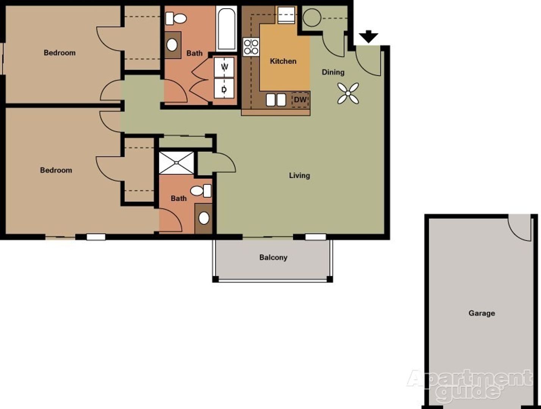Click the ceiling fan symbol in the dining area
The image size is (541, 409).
click(x=348, y=93)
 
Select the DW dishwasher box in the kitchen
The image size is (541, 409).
click(x=300, y=100)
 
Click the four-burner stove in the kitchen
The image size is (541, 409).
click(x=251, y=47)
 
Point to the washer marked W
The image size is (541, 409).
click(x=224, y=67)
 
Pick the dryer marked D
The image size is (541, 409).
click(x=224, y=89)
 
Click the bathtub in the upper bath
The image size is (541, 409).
click(x=227, y=29)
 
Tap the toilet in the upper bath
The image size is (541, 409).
click(x=177, y=18)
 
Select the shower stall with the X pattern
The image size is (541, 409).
click(x=176, y=163)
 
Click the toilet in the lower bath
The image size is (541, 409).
click(x=201, y=191)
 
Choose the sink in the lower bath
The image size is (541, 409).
click(x=204, y=218)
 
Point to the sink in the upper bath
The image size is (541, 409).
click(x=172, y=45)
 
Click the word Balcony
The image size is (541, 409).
click(x=273, y=258)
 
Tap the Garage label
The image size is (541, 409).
click(x=482, y=313)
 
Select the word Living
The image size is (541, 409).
click(x=299, y=175)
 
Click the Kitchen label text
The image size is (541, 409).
click(x=283, y=61)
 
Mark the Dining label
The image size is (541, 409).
click(x=333, y=72)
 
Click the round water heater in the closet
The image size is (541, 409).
click(x=312, y=17)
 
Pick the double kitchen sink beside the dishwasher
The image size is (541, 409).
click(x=276, y=100)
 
